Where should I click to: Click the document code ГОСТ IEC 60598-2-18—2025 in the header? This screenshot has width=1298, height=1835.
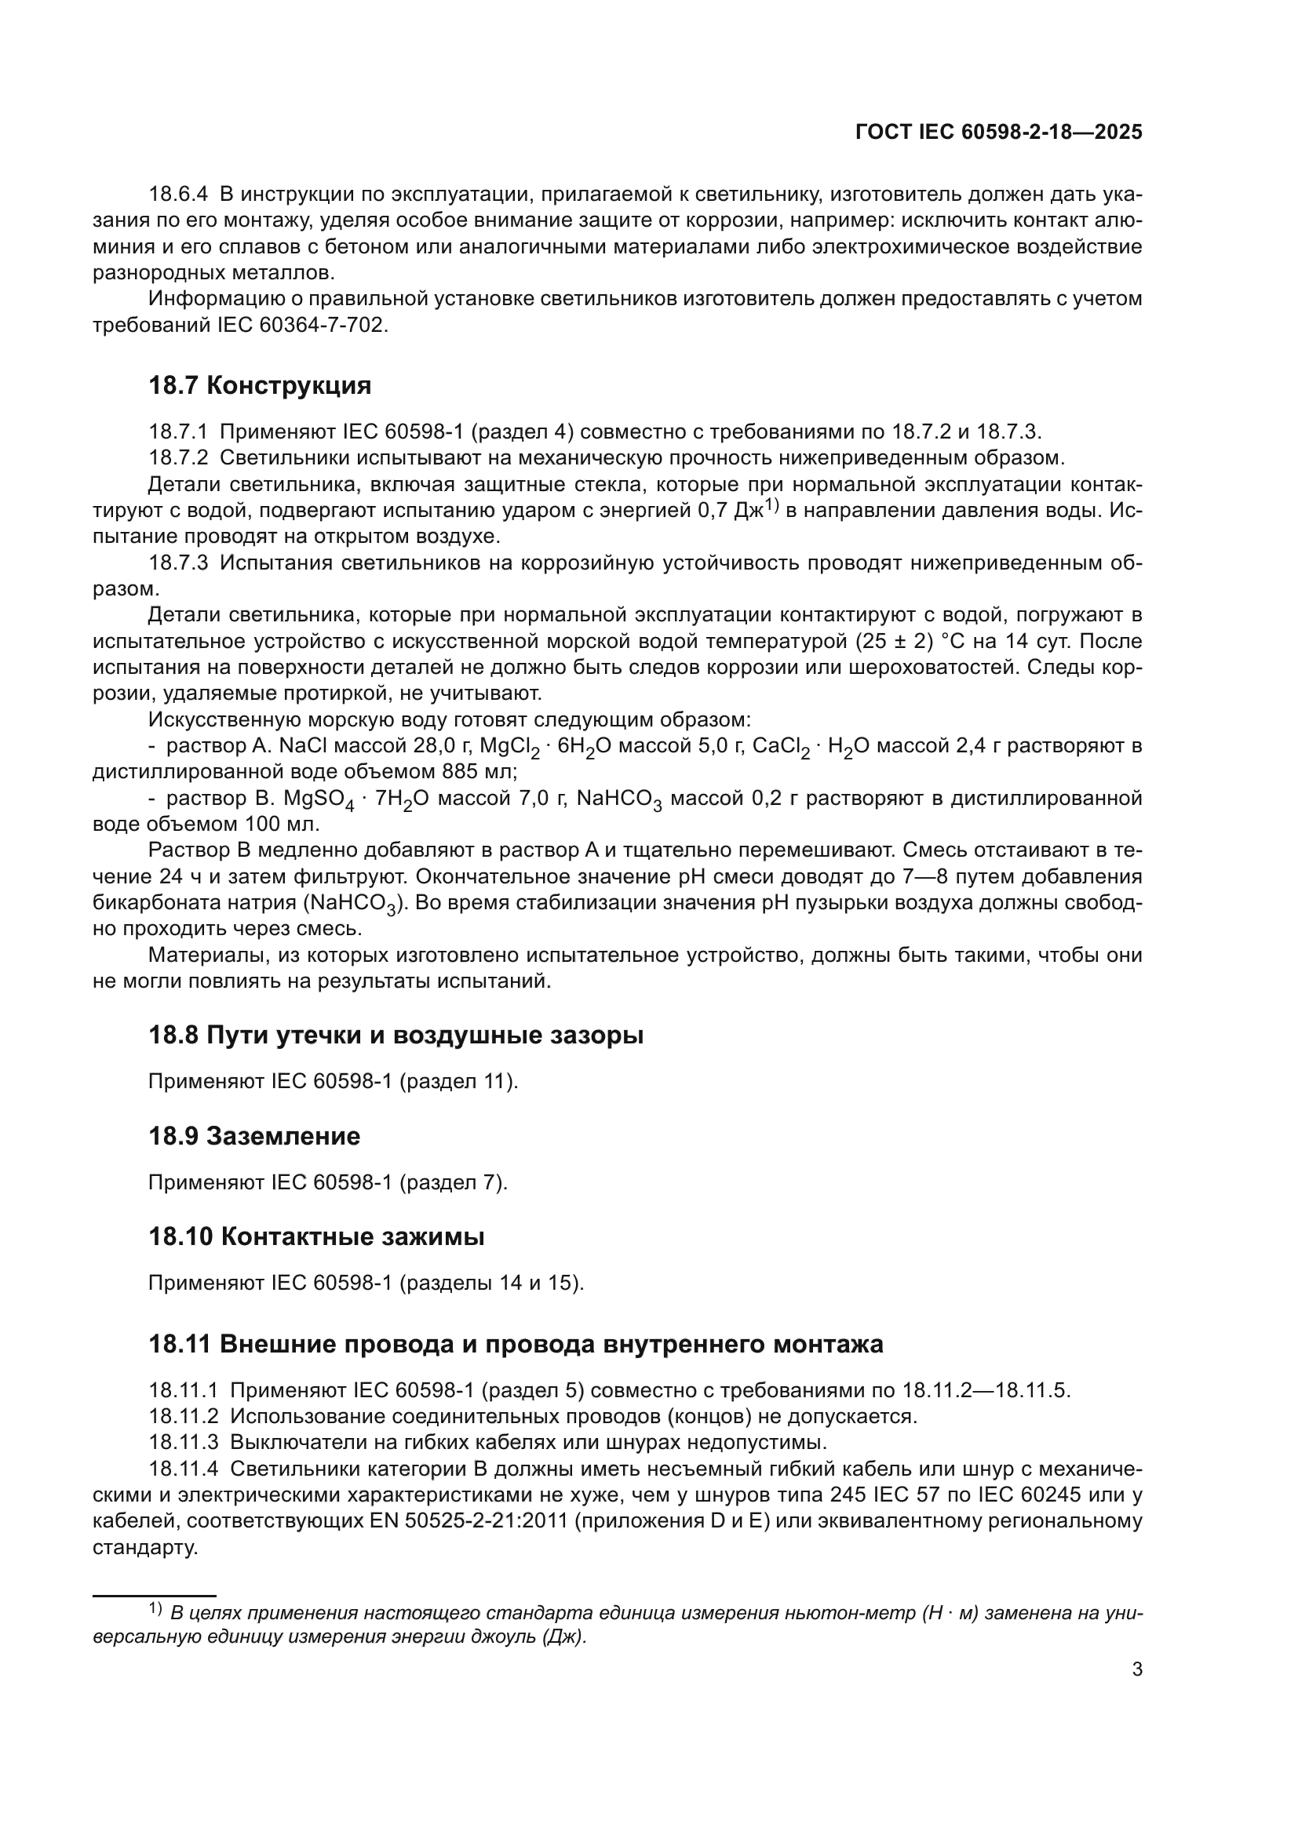click(x=998, y=133)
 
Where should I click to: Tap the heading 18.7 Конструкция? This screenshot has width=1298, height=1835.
click(x=260, y=385)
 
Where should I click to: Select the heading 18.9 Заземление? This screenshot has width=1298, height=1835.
click(x=254, y=1136)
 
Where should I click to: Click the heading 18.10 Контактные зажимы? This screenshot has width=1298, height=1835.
click(x=316, y=1236)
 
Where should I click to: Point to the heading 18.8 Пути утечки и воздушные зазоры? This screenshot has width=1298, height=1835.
click(x=396, y=1035)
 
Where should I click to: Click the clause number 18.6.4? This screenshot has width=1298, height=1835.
click(x=177, y=195)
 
